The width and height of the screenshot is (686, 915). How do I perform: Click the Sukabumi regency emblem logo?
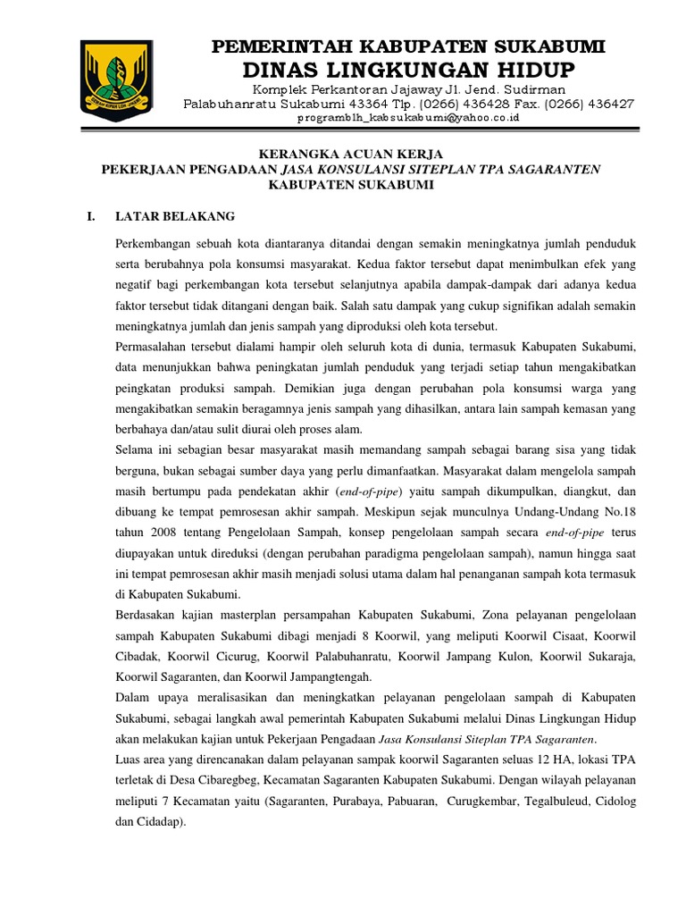tap(113, 73)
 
